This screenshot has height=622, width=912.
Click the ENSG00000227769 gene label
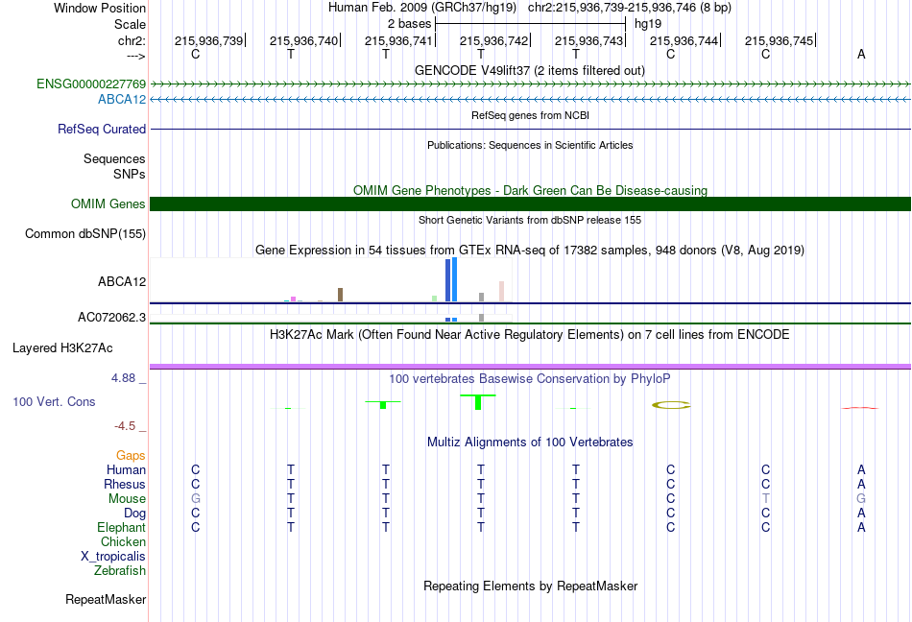pos(91,84)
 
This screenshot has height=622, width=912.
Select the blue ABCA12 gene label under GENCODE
pos(122,100)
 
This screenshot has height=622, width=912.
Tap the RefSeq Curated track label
pos(102,129)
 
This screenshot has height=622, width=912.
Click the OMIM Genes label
pos(108,204)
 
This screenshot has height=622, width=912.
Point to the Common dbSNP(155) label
pos(85,233)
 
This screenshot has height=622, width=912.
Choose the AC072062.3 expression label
pos(111,318)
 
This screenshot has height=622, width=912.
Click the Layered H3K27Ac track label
pos(62,348)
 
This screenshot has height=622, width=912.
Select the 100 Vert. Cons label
pos(54,401)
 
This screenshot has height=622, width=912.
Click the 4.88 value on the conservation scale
pos(123,378)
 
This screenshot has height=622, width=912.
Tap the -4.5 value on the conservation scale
pos(125,426)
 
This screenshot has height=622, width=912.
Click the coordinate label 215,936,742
pos(493,40)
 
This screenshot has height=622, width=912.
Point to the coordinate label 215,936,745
pos(779,40)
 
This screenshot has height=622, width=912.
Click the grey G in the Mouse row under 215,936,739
pos(196,499)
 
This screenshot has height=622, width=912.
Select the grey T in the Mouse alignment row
pos(765,499)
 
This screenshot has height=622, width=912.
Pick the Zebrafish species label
pos(120,571)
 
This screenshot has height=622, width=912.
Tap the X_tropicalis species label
pos(113,557)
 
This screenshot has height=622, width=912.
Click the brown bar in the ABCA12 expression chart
pos(340,295)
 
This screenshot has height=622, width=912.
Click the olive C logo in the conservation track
pos(671,405)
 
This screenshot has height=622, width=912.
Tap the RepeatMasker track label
pos(106,599)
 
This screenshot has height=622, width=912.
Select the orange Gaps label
pos(131,456)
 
